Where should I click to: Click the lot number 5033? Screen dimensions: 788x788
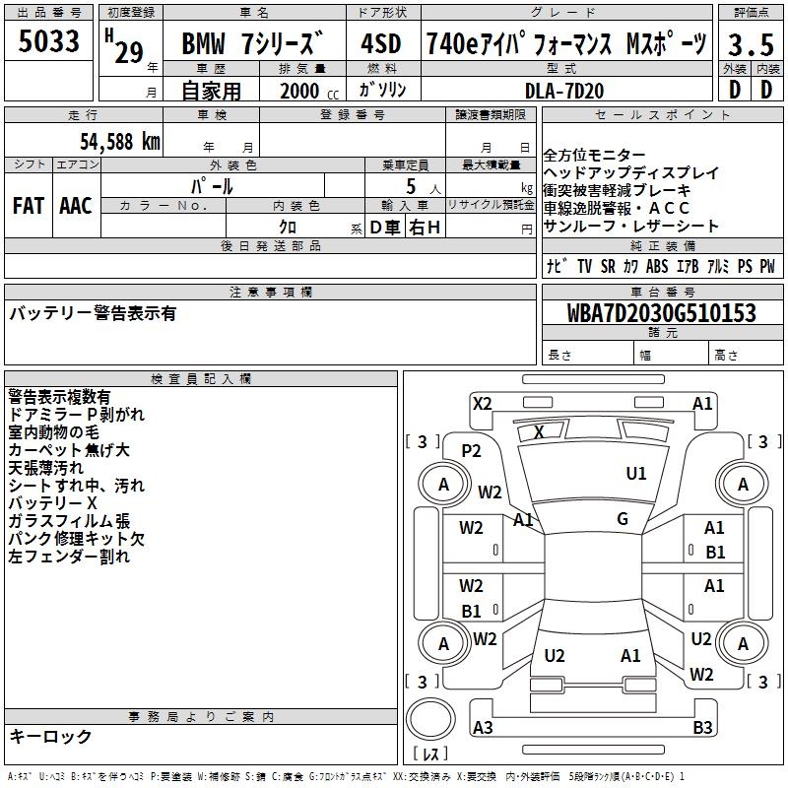click(49, 42)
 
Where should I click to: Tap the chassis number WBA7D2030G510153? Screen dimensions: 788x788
click(662, 313)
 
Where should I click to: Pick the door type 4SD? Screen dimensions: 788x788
click(380, 44)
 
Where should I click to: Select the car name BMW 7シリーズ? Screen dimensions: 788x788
click(253, 45)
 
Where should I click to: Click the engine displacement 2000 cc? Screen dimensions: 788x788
click(305, 91)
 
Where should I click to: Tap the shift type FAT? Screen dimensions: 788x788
click(28, 205)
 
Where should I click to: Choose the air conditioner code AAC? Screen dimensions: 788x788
click(75, 205)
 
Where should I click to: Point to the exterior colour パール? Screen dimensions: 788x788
click(212, 185)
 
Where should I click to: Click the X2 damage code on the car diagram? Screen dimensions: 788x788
click(482, 402)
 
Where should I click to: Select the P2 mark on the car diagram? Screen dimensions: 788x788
click(471, 450)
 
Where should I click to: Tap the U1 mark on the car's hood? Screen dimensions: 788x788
click(636, 474)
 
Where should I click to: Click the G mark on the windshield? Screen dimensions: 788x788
click(623, 519)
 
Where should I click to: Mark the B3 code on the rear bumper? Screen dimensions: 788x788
click(702, 728)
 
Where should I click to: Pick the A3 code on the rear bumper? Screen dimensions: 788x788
click(483, 728)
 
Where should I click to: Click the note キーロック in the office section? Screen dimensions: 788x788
click(51, 737)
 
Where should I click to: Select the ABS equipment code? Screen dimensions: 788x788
click(657, 266)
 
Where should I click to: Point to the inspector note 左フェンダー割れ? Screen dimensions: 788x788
click(69, 557)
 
